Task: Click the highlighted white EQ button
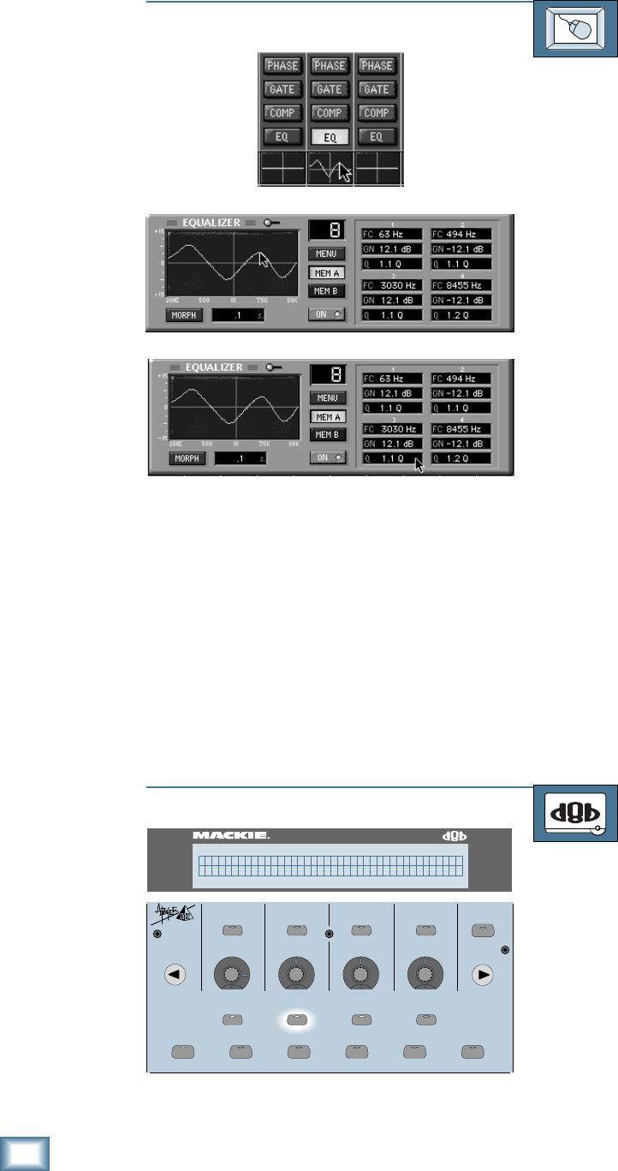[x=330, y=136]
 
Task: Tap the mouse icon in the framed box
[x=575, y=29]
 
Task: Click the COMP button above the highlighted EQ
[x=330, y=113]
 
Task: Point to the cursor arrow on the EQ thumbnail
[x=344, y=171]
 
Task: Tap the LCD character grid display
[x=330, y=865]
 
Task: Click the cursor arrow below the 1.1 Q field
[x=419, y=466]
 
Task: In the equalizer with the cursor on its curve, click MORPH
[x=185, y=314]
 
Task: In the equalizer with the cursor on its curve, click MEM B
[x=328, y=290]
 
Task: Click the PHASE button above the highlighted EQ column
[x=330, y=66]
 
